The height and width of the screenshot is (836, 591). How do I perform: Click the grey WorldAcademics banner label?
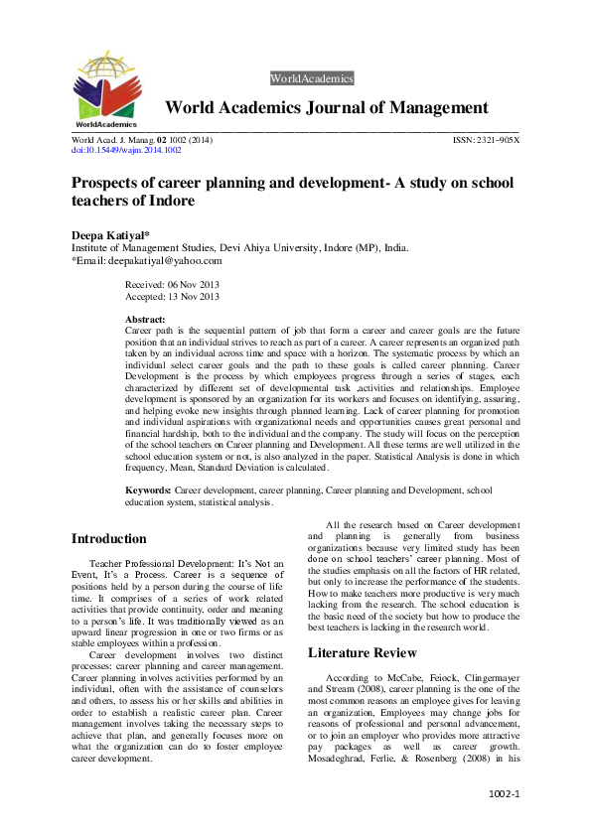(311, 78)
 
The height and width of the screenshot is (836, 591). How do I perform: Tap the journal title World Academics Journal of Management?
(326, 108)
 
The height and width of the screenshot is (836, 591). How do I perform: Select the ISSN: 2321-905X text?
(485, 141)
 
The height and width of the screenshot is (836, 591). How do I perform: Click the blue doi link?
(126, 151)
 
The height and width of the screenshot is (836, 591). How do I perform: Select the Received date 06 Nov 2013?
(171, 284)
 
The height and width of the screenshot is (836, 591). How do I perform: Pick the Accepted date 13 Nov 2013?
(172, 296)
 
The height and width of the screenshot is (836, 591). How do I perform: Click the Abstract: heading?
(145, 319)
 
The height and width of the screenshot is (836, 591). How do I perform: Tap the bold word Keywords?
(149, 490)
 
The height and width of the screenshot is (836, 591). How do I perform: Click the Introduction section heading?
(108, 539)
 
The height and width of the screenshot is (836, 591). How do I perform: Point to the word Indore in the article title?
(169, 200)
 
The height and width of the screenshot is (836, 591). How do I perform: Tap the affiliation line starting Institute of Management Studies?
(239, 247)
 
